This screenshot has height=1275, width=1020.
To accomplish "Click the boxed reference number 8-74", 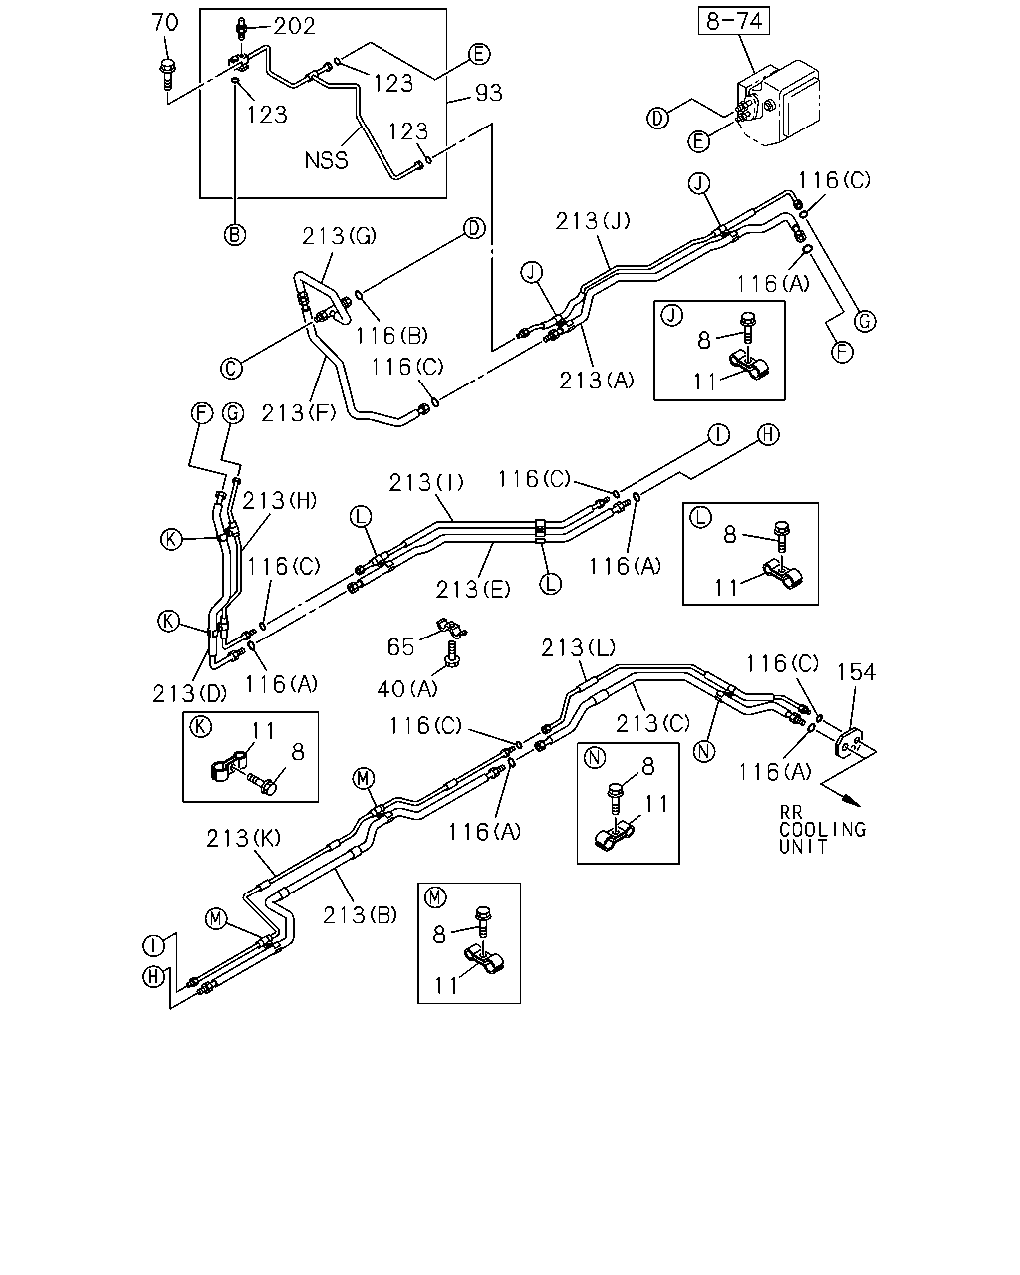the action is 734,21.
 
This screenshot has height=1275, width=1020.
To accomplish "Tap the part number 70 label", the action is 165,23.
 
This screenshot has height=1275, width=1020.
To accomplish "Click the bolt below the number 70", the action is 167,74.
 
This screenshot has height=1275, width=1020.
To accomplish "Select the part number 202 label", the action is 295,26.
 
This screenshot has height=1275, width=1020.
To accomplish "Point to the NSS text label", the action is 326,160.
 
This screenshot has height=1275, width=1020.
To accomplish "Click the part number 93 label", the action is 488,93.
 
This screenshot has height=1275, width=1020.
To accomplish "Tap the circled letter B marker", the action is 235,235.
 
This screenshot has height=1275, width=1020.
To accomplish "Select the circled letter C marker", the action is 231,368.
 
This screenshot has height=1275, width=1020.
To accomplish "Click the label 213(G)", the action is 339,236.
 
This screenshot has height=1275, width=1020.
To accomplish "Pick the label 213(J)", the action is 593,221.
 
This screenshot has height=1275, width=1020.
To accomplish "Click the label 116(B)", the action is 391,336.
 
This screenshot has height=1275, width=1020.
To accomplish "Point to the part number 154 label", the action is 856,672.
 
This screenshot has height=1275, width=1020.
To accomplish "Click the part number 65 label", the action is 400,647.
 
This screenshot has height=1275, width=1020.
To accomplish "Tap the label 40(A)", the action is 407,688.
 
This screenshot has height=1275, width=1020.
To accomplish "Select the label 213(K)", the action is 243,838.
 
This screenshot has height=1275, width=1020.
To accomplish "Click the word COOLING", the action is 823,829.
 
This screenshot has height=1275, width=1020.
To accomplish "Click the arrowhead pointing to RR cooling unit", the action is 853,801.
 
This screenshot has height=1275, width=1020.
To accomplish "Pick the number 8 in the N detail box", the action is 648,767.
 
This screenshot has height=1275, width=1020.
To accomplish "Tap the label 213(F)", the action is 298,413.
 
